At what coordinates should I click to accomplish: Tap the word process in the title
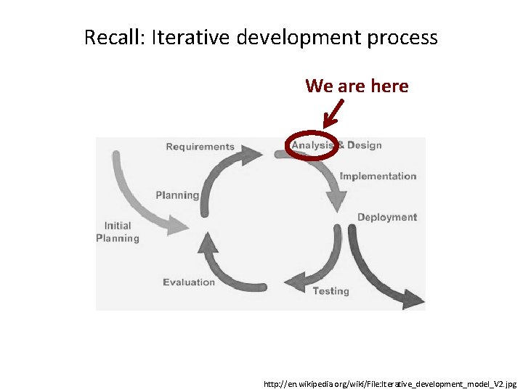404,38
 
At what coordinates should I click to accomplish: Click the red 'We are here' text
357,86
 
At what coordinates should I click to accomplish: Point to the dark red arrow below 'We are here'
333,113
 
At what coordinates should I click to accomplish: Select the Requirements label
200,147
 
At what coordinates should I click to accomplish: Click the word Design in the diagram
364,145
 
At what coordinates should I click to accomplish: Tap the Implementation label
378,176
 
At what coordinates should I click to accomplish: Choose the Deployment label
386,217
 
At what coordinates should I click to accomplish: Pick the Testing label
331,291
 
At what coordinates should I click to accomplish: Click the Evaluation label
189,282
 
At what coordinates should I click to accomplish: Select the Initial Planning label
117,232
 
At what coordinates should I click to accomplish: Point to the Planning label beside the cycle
177,195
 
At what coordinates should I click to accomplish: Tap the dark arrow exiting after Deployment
378,269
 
